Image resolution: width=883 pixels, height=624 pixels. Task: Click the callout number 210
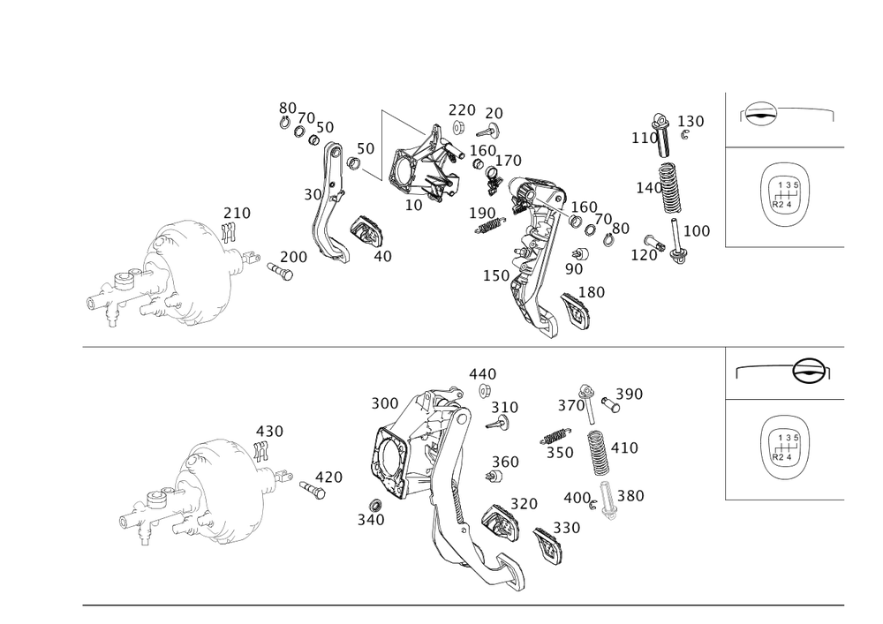point(237,214)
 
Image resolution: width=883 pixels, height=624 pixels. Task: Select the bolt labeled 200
point(280,271)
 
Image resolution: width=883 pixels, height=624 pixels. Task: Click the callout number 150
point(496,275)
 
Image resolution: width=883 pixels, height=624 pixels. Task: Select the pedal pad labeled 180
point(576,311)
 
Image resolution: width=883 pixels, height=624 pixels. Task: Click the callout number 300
point(385,403)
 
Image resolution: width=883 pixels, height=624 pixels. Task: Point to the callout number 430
point(269,432)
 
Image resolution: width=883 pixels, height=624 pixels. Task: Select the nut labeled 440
point(484,390)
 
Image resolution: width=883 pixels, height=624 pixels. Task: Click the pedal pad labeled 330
point(549,544)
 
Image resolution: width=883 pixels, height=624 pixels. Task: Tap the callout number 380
point(630,496)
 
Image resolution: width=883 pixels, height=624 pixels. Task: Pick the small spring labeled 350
point(555,435)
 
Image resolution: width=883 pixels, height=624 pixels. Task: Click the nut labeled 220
point(457,128)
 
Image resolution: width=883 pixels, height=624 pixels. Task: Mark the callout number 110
point(645,138)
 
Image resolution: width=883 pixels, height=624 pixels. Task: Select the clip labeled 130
point(685,135)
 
